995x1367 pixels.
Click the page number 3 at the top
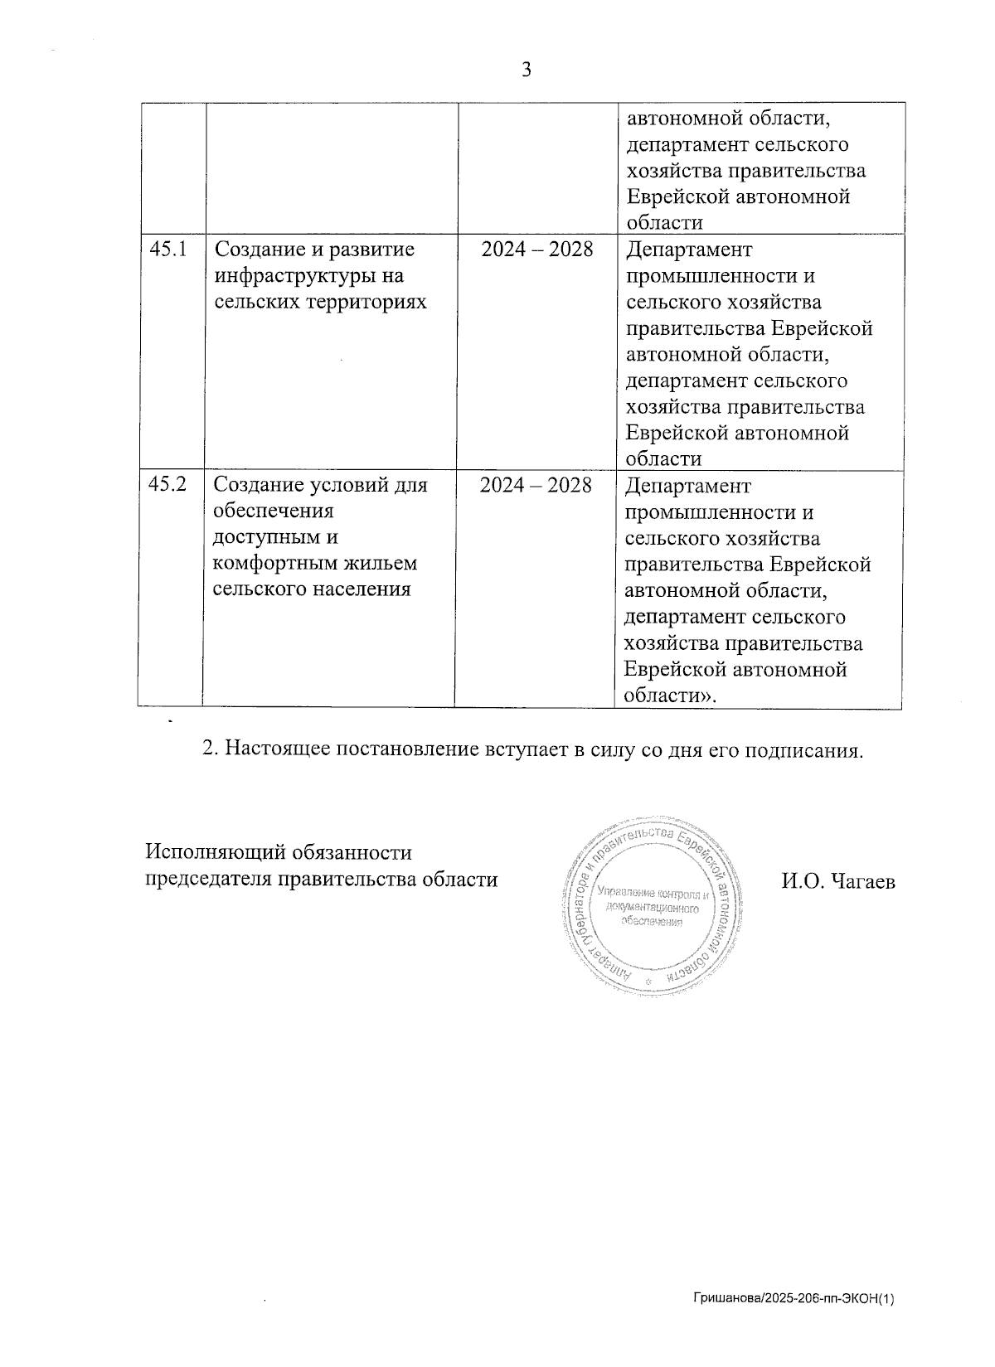[526, 70]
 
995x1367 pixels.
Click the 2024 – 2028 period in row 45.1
[537, 249]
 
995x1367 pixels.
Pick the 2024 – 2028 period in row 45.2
[536, 484]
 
